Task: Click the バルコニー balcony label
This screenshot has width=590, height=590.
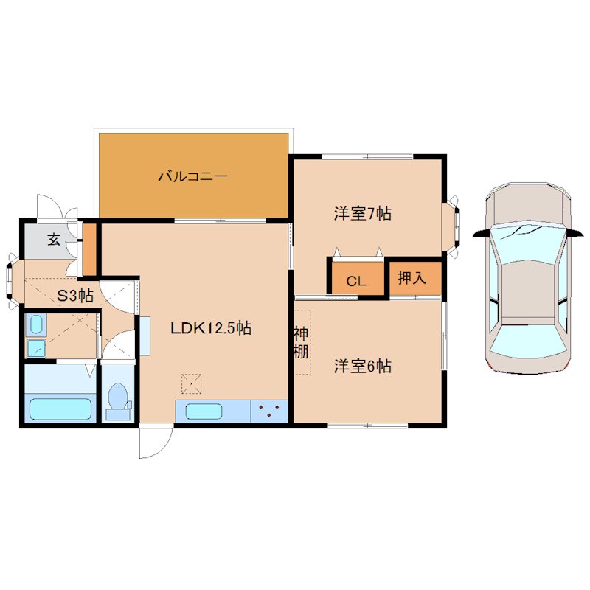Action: click(x=192, y=176)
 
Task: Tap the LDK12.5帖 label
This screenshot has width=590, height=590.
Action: click(x=211, y=328)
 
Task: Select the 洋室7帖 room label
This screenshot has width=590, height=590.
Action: click(x=362, y=214)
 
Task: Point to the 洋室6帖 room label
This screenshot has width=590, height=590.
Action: click(x=362, y=366)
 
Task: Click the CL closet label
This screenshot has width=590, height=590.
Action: click(x=356, y=281)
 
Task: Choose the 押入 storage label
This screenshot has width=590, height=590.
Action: click(x=412, y=278)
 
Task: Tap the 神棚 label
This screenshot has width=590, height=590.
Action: click(x=301, y=343)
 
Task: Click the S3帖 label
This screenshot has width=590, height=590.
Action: click(x=75, y=296)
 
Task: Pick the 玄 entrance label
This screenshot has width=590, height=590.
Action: click(x=54, y=239)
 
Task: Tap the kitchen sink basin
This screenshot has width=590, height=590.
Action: click(x=204, y=412)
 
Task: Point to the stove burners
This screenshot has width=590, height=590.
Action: click(x=269, y=411)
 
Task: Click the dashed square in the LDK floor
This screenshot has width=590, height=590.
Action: click(x=191, y=383)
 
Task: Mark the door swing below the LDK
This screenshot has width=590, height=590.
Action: click(x=156, y=442)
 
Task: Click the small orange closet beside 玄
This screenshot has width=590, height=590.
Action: click(x=88, y=249)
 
